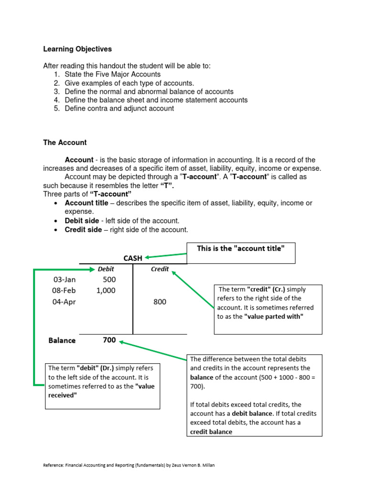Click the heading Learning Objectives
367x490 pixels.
pos(77,49)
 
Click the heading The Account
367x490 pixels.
pos(65,143)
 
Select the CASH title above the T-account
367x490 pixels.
pos(133,258)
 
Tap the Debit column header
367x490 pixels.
pos(106,269)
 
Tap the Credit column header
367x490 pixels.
pos(160,269)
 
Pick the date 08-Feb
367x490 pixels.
pos(64,290)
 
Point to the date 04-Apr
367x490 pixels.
pos(64,302)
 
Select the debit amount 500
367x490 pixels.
pos(109,279)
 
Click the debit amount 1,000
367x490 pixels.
pos(106,290)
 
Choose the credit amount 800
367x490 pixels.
pos(160,302)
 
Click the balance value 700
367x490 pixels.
pos(109,340)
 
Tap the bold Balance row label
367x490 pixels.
pos(62,341)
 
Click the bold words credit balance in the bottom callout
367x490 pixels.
pos(211,432)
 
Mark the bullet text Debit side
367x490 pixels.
pos(82,221)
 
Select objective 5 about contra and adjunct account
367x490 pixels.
pos(114,109)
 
